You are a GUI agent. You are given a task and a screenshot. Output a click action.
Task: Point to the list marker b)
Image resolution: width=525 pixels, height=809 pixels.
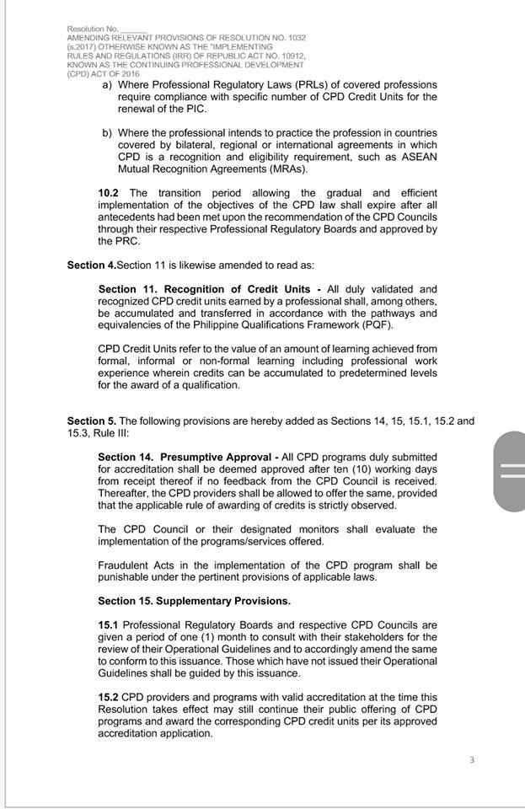pos(107,133)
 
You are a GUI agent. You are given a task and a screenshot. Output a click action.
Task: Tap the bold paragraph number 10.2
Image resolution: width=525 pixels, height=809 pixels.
pos(108,193)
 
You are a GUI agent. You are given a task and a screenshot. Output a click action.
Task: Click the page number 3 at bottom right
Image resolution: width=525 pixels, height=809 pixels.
pos(472,760)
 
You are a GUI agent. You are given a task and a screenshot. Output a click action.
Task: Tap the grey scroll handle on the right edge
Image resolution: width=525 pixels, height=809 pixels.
pos(511,471)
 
